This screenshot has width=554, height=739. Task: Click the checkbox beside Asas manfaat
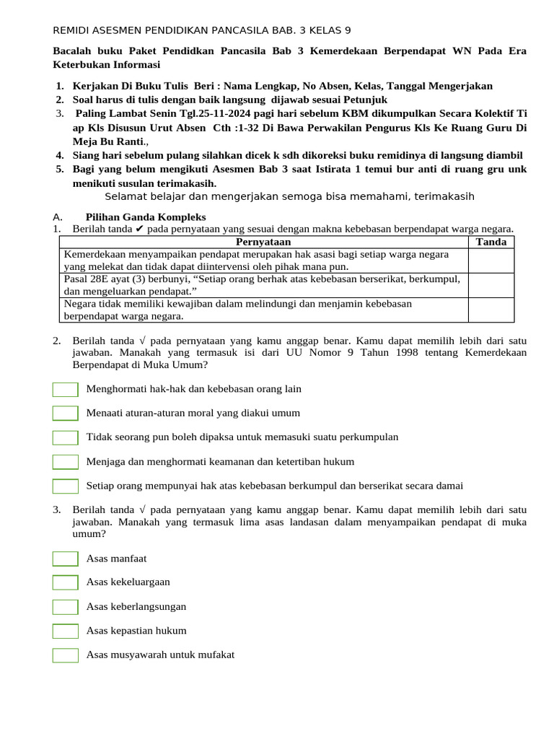coord(66,559)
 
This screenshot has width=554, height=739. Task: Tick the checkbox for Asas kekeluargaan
coord(66,582)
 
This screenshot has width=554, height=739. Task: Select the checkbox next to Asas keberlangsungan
coord(66,607)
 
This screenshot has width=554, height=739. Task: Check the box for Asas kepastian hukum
coord(66,631)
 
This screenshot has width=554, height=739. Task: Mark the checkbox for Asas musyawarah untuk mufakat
coord(66,655)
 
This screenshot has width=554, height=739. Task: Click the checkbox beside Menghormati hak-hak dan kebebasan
coord(66,390)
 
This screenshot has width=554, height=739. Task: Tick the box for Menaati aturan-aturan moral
coord(66,414)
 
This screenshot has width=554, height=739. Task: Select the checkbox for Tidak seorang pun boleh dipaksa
coord(66,437)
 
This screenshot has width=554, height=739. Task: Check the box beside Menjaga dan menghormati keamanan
coord(66,462)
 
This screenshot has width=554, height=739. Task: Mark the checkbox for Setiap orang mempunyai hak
coord(66,486)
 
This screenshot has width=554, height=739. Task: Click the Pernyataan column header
coord(263,242)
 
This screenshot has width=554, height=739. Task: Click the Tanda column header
coord(491,242)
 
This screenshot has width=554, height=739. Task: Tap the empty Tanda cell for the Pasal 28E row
coord(491,285)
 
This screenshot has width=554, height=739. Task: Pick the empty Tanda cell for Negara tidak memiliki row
coord(491,310)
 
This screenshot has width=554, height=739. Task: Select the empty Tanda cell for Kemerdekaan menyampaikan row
coord(491,261)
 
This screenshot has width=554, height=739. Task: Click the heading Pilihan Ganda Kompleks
coord(146,217)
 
